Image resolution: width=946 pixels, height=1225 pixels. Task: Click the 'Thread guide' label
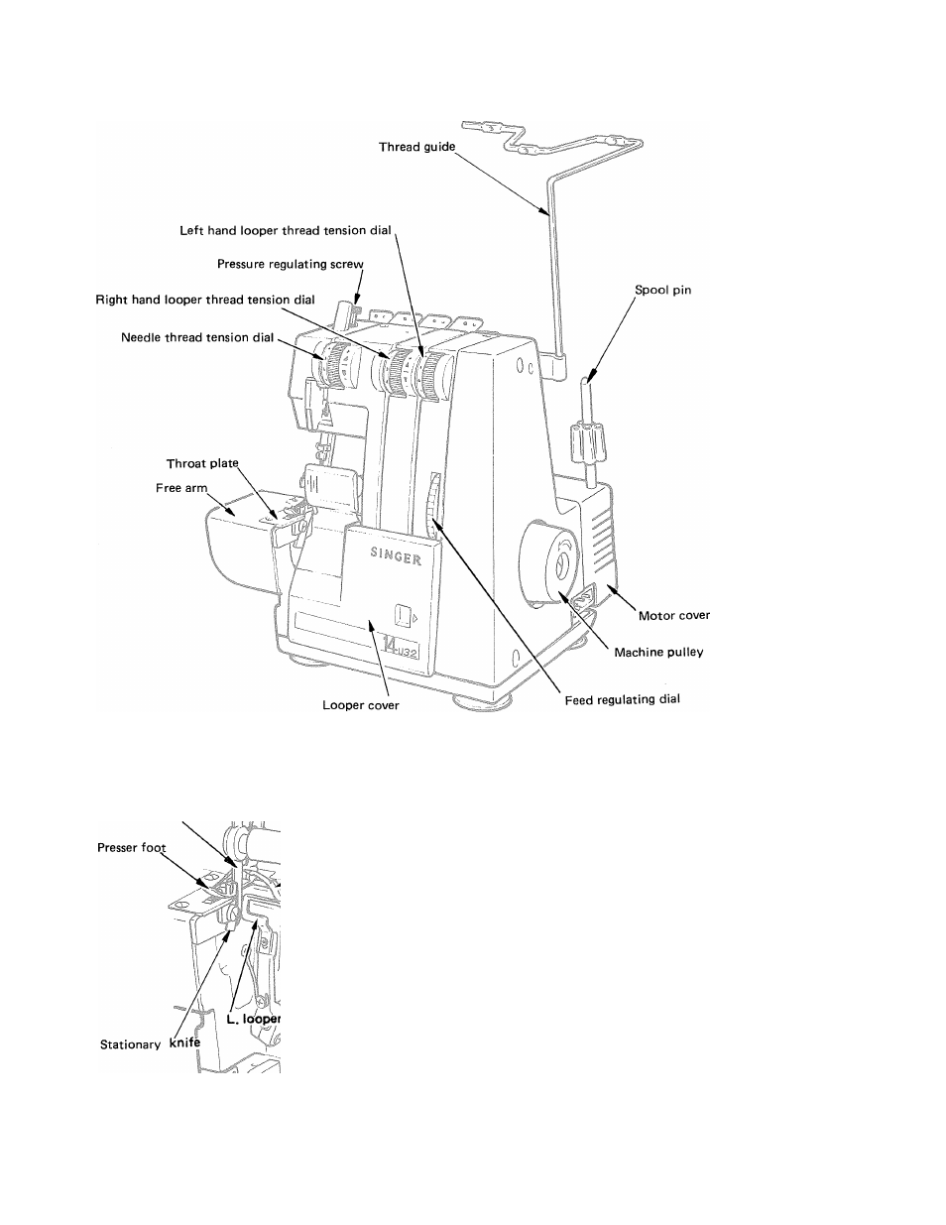pyautogui.click(x=416, y=147)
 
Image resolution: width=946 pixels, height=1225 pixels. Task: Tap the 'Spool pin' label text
pyautogui.click(x=662, y=290)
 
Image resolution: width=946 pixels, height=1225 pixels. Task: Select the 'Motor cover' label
pyautogui.click(x=674, y=615)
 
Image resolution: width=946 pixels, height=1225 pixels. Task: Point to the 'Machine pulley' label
pyautogui.click(x=658, y=653)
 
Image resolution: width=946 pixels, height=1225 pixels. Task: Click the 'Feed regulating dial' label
pyautogui.click(x=622, y=699)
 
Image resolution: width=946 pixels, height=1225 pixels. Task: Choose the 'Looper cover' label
pyautogui.click(x=361, y=705)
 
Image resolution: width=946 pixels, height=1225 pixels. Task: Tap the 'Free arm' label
pyautogui.click(x=181, y=488)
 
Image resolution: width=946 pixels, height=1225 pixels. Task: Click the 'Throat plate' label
pyautogui.click(x=202, y=463)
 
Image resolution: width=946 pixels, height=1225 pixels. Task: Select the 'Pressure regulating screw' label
pyautogui.click(x=291, y=264)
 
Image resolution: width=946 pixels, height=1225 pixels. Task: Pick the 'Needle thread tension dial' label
pyautogui.click(x=197, y=337)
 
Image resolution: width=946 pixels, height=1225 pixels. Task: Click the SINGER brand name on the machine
pyautogui.click(x=396, y=555)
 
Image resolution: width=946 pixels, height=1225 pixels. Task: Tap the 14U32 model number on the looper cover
pyautogui.click(x=400, y=646)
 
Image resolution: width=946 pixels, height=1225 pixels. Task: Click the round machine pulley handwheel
pyautogui.click(x=548, y=564)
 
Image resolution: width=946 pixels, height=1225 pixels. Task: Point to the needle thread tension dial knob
pyautogui.click(x=337, y=364)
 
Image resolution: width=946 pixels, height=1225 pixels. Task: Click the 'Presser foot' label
pyautogui.click(x=131, y=848)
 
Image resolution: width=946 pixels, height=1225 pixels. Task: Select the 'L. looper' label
pyautogui.click(x=253, y=1019)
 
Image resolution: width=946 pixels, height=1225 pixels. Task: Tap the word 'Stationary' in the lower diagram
pyautogui.click(x=130, y=1044)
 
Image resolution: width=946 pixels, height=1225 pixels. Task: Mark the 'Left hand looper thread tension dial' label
pyautogui.click(x=286, y=230)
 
